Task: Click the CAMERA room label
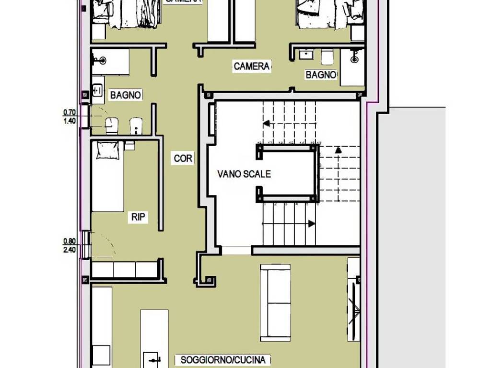tap(252, 66)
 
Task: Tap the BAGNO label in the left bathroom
tap(126, 95)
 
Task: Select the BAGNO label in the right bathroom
tap(321, 75)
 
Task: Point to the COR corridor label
tap(183, 158)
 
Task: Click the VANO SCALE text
tap(244, 174)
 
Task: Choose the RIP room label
tap(138, 218)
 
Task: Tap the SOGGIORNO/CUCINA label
tap(225, 359)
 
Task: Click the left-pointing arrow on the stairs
tap(266, 123)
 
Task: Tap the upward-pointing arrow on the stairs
tap(338, 150)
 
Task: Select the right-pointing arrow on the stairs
tap(311, 223)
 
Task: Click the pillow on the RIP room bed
tap(107, 150)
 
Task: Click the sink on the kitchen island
tap(153, 359)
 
